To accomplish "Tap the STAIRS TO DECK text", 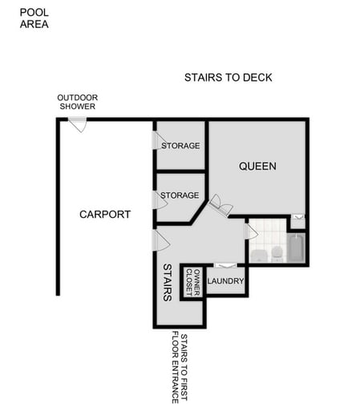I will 229,78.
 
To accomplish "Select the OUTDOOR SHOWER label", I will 76,102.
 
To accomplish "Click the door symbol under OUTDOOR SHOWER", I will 78,123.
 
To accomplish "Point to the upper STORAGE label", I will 180,146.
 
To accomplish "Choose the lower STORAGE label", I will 180,195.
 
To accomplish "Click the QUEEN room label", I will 258,167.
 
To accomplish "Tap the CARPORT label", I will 105,214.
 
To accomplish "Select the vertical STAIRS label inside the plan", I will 168,282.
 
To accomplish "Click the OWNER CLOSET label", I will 193,282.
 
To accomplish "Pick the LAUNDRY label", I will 225,281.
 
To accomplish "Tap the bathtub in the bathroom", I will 296,248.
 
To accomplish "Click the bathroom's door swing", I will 251,232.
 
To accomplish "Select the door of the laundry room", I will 225,266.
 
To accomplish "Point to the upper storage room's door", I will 159,140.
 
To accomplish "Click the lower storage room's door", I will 160,199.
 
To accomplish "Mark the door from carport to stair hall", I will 161,240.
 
